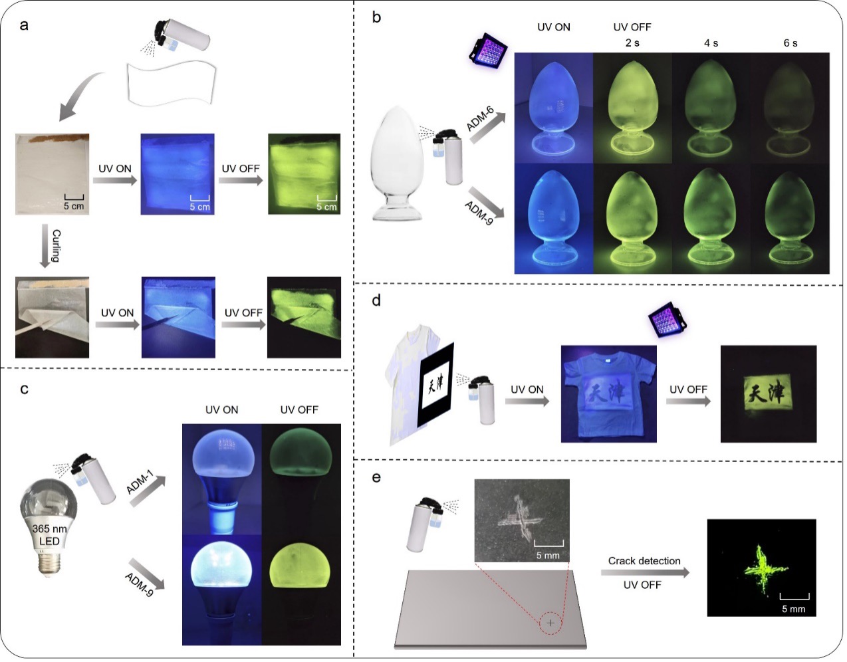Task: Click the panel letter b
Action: pyautogui.click(x=376, y=17)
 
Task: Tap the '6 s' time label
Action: pyautogui.click(x=790, y=43)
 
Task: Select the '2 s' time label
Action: pyautogui.click(x=632, y=43)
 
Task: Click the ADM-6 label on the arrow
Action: pyautogui.click(x=480, y=119)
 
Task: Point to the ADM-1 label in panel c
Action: pyautogui.click(x=140, y=483)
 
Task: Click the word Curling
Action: pyautogui.click(x=57, y=245)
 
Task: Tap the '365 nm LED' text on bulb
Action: pyautogui.click(x=49, y=534)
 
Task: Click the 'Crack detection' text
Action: pyautogui.click(x=644, y=561)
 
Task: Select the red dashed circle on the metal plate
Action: pyautogui.click(x=550, y=623)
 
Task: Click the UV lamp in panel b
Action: pyautogui.click(x=489, y=52)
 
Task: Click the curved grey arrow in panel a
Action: pyautogui.click(x=80, y=95)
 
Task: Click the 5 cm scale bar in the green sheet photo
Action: pyautogui.click(x=327, y=198)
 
